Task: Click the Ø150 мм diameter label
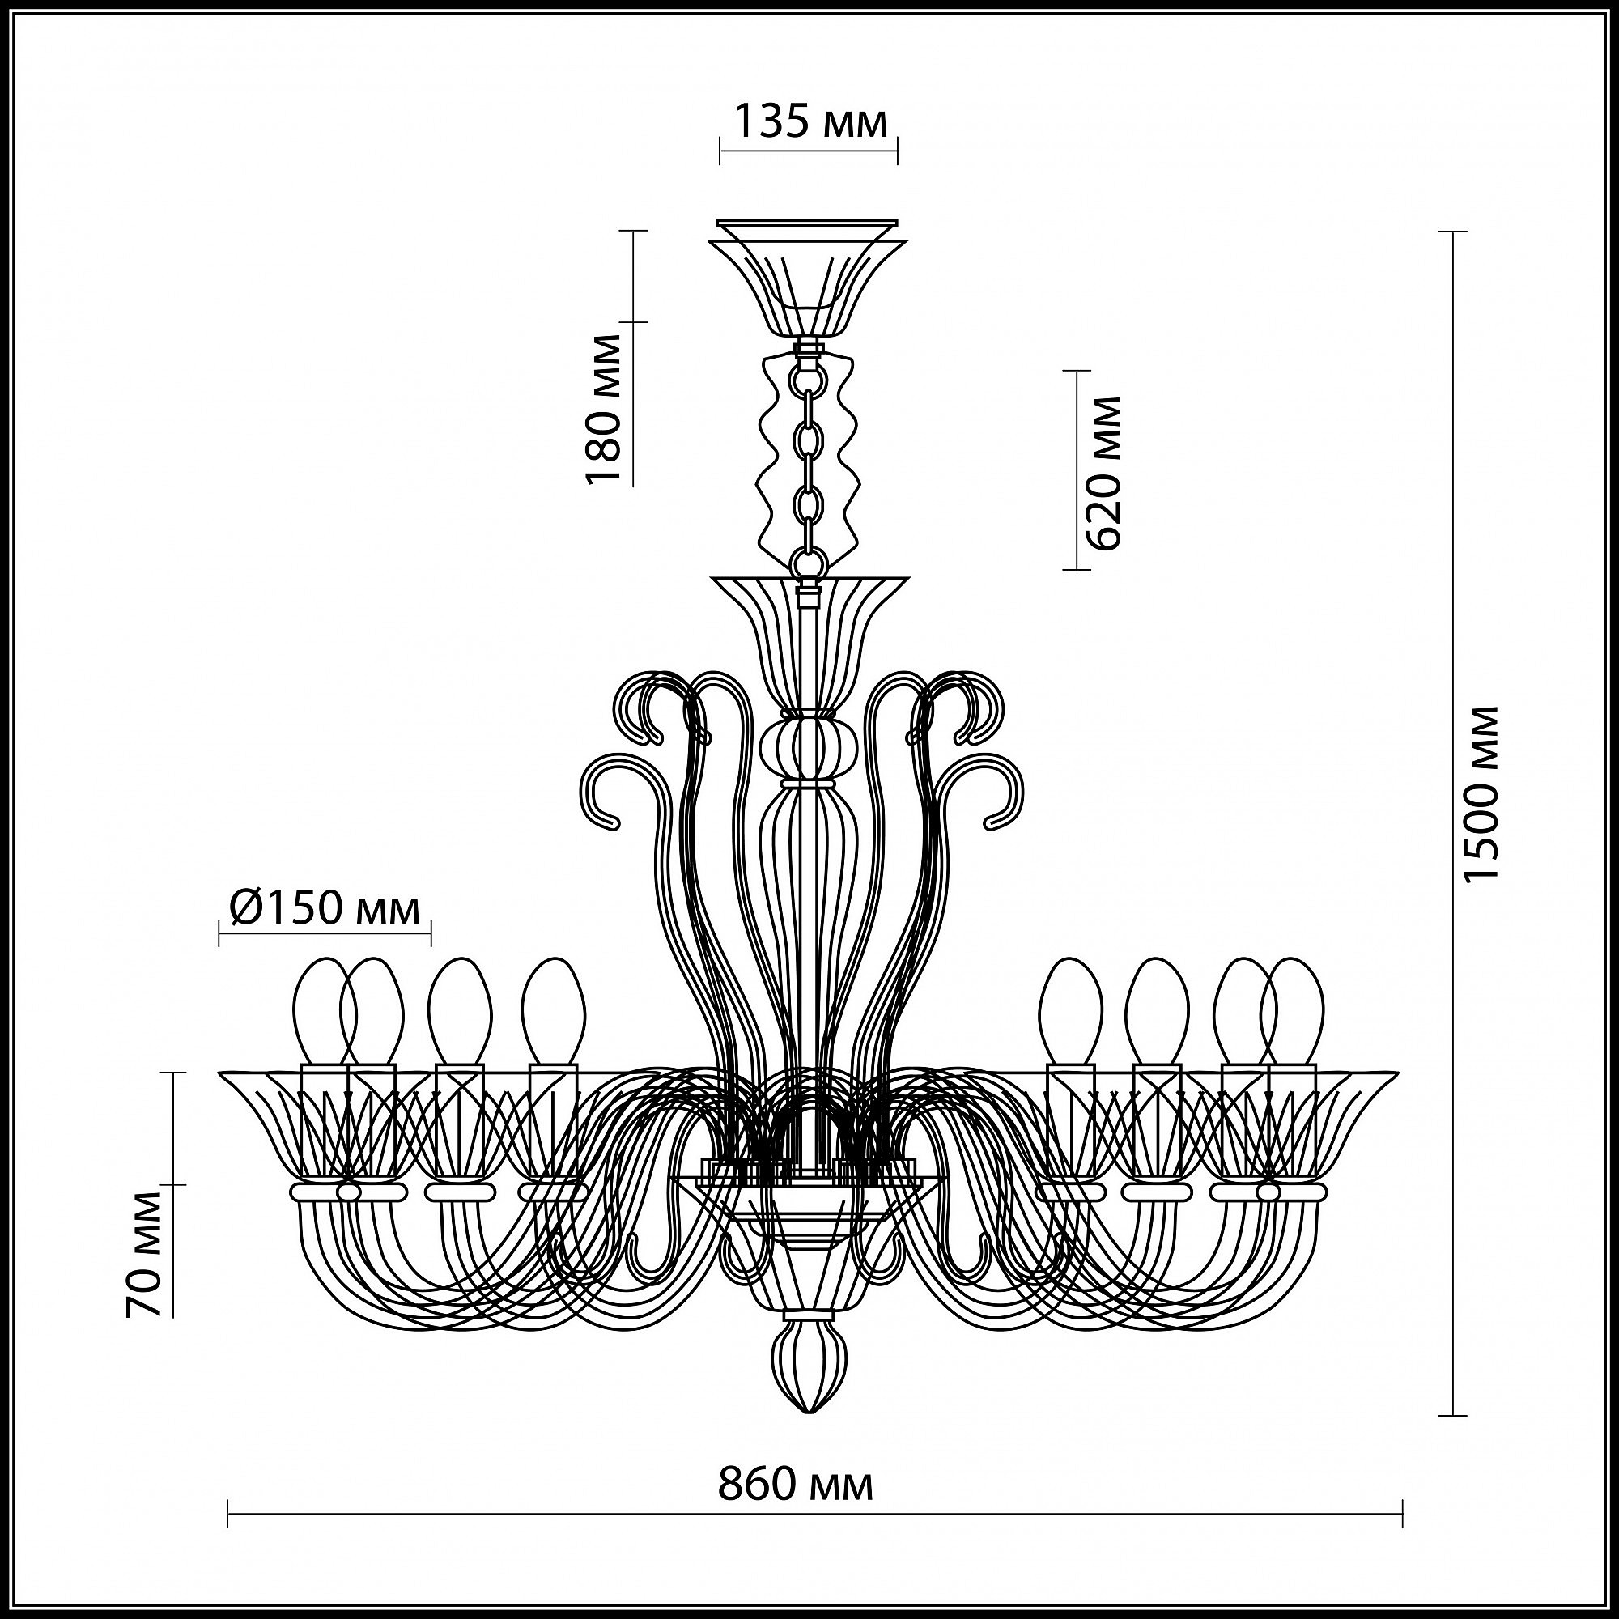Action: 324,907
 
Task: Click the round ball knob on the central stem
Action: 809,746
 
